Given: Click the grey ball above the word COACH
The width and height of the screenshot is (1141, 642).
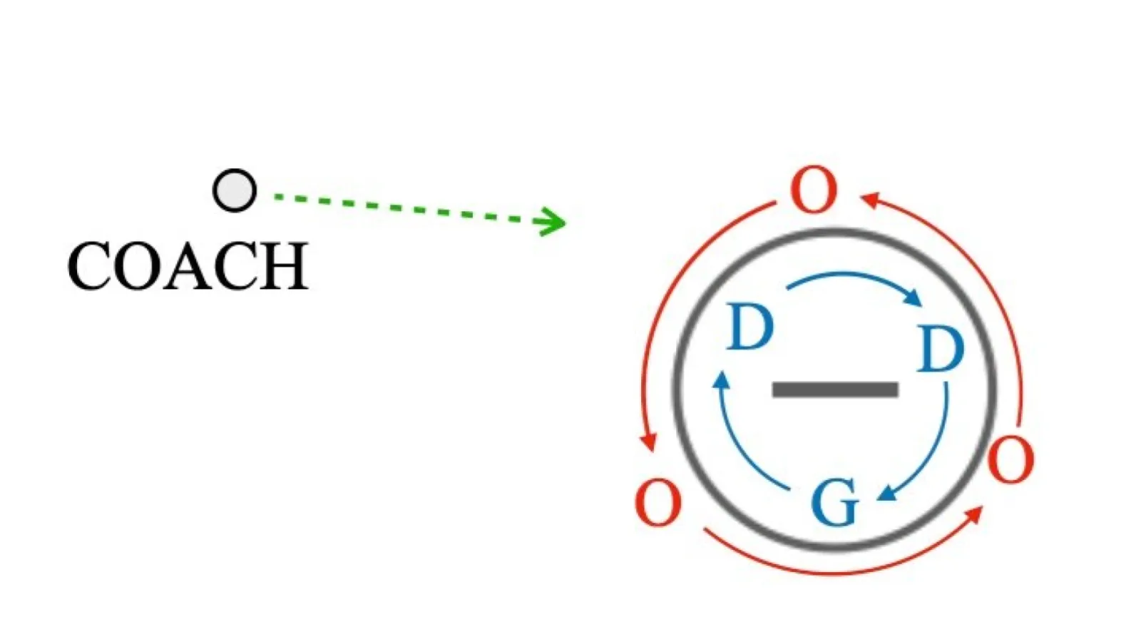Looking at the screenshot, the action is click(x=235, y=190).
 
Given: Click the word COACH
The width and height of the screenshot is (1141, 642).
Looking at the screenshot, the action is click(x=188, y=267).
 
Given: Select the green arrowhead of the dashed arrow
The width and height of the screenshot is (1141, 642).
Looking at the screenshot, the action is click(x=551, y=222).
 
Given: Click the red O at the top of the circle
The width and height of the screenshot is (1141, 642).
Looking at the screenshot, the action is click(x=814, y=190).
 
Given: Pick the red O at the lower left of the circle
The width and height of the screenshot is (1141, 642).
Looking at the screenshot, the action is click(x=658, y=502).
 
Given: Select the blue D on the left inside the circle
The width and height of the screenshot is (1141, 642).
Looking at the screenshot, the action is click(x=749, y=327).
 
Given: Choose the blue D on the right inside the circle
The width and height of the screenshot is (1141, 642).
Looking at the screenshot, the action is click(x=940, y=349).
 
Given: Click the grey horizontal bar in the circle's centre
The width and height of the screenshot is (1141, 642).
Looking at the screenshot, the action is click(x=835, y=389).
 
